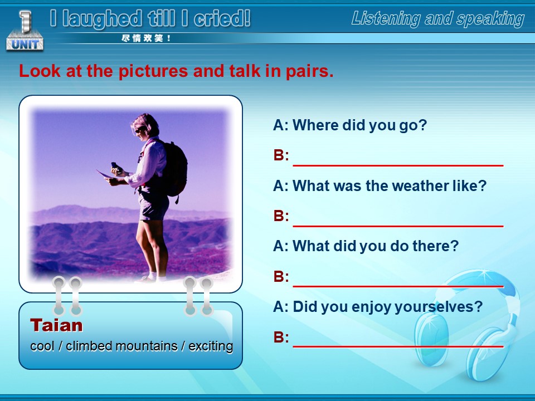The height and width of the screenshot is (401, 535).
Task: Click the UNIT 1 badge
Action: [25, 31]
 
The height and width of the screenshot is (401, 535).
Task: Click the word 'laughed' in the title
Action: [102, 19]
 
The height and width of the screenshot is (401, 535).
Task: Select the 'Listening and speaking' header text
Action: [438, 18]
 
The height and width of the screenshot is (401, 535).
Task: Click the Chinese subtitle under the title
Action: [146, 38]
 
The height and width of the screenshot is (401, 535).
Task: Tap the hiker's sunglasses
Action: [140, 129]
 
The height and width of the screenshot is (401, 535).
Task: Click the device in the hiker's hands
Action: [116, 168]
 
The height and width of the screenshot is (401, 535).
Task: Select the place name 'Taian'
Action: [56, 325]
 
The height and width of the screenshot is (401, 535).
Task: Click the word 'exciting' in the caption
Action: [211, 346]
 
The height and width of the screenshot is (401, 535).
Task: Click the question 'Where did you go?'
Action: [350, 125]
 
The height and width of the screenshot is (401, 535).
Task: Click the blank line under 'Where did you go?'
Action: [398, 165]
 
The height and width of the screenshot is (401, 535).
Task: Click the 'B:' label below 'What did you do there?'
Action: [281, 277]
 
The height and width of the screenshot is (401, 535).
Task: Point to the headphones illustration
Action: [468, 324]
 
